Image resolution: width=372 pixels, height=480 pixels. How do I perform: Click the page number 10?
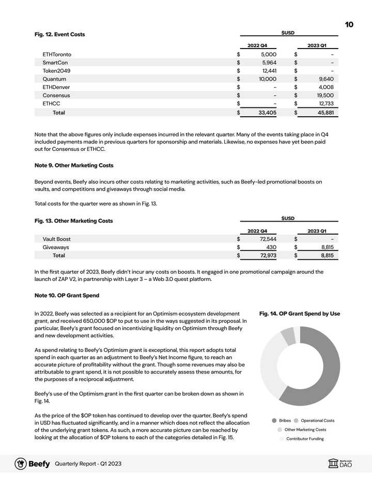[x=349, y=24]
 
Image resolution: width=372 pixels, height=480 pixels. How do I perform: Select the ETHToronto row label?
[x=57, y=54]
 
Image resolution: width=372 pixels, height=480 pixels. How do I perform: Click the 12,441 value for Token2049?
[x=269, y=71]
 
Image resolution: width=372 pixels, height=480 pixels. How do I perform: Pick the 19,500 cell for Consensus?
[x=325, y=96]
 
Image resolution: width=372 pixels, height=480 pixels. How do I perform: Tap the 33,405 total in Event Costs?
[x=267, y=112]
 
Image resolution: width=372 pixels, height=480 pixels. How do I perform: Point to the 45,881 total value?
[x=325, y=112]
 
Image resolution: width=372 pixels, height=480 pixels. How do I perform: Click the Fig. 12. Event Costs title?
[x=59, y=34]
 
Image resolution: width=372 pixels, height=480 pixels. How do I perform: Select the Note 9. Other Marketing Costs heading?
[x=74, y=165]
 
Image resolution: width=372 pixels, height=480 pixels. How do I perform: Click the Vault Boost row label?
[x=56, y=239]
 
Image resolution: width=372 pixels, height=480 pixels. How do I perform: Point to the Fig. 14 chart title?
[x=299, y=314]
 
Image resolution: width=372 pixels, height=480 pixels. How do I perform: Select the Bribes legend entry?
[x=282, y=421]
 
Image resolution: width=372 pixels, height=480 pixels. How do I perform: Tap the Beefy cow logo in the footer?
[x=21, y=463]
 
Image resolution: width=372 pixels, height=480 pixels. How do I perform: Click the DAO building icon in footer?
[x=333, y=464]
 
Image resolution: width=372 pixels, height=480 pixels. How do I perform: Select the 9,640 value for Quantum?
[x=325, y=79]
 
